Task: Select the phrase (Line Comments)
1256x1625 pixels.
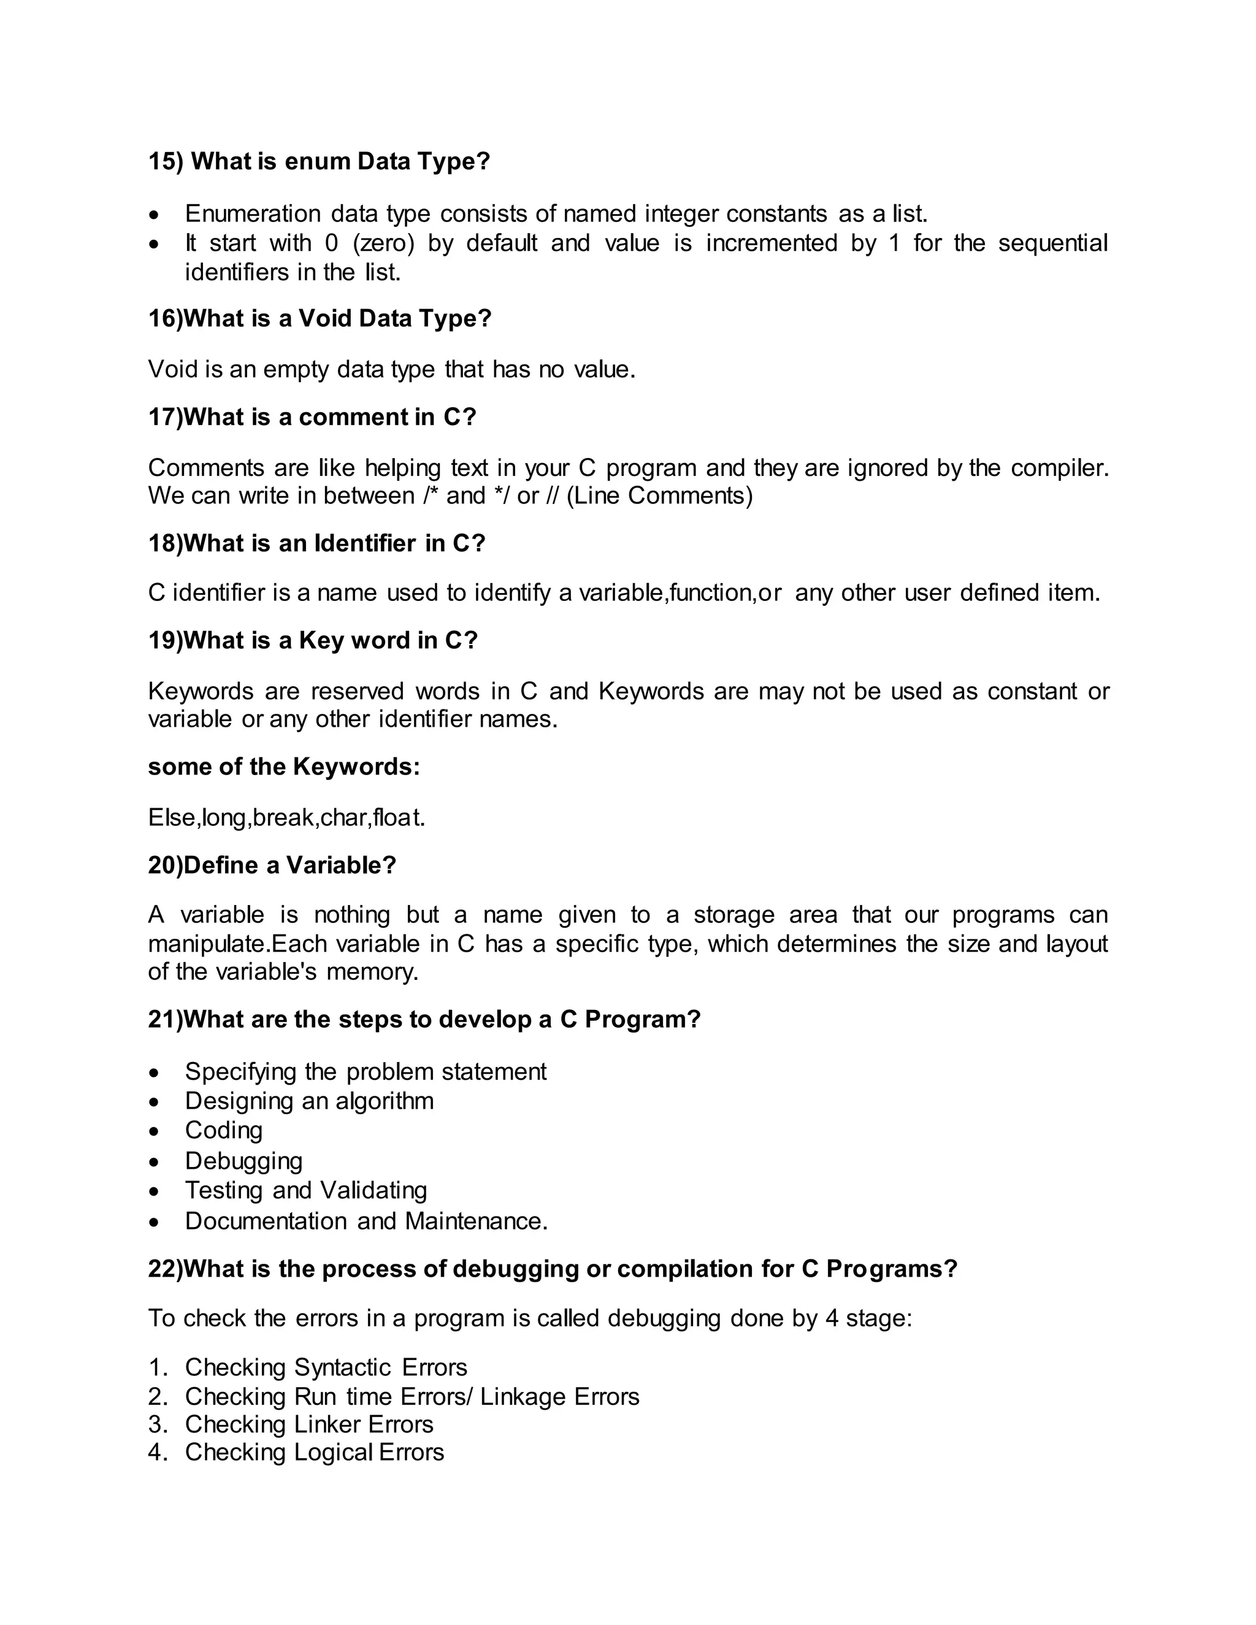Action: (659, 495)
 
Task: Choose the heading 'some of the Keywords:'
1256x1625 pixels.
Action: (283, 767)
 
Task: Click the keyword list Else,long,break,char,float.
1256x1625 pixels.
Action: (286, 817)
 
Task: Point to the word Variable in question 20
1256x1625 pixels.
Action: (341, 865)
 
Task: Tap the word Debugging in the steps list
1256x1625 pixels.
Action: (243, 1161)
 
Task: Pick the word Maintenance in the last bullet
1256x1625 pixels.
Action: (476, 1221)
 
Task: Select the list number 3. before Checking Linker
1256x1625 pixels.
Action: (158, 1424)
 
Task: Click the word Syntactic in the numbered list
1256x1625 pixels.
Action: (342, 1367)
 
